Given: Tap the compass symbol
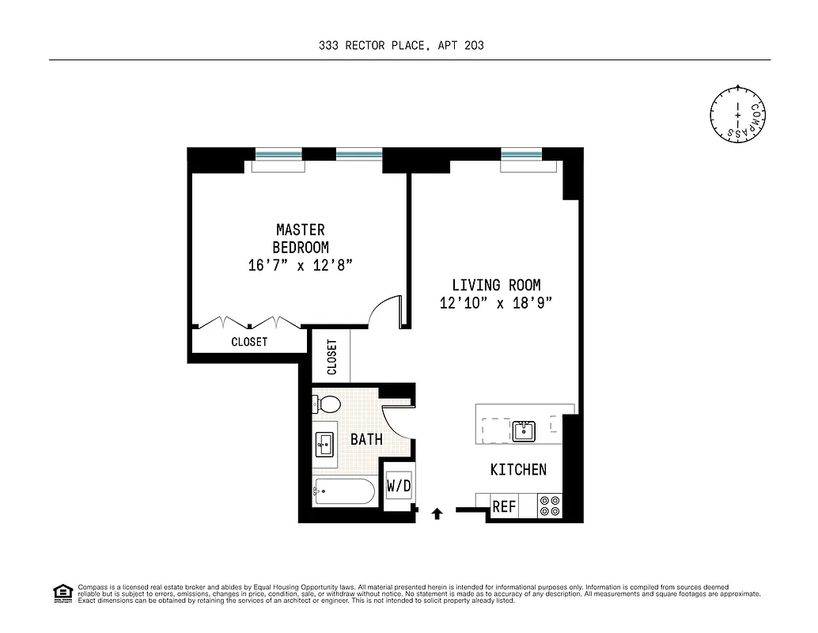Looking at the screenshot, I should [737, 116].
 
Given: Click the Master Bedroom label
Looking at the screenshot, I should [300, 238].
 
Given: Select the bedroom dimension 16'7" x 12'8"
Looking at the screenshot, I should [300, 265].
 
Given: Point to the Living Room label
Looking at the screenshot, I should [496, 285].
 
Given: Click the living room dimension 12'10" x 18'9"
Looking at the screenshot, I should [496, 302].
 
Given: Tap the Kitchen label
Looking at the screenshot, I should [518, 469].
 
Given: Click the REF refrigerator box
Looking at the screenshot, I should [504, 506].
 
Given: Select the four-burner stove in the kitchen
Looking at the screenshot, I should [549, 506].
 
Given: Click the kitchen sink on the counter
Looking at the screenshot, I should [524, 430].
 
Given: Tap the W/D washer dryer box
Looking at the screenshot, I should [399, 486].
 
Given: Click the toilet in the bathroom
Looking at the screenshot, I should [327, 405].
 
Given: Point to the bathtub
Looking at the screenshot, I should [343, 491].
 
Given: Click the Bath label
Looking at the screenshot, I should [366, 439].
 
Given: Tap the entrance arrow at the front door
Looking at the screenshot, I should [436, 514].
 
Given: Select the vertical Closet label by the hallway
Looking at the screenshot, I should [331, 357].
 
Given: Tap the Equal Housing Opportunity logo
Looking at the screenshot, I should [62, 593].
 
